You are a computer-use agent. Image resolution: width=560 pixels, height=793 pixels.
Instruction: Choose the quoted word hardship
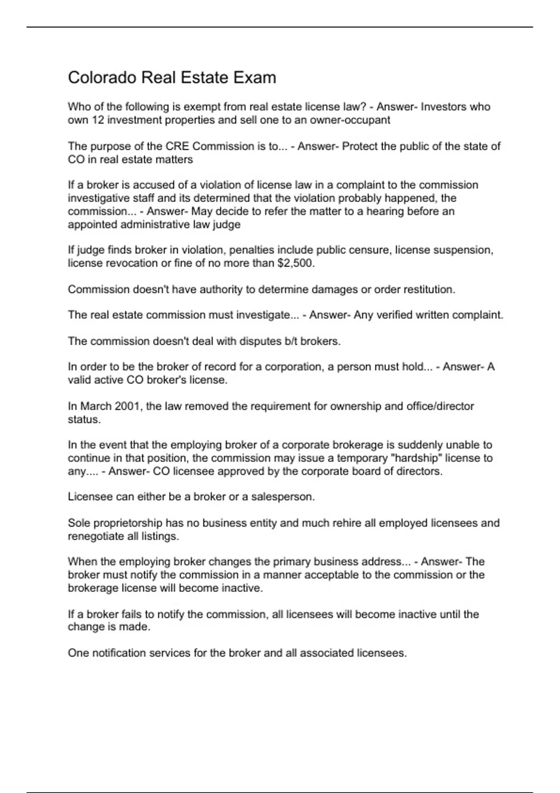(417, 458)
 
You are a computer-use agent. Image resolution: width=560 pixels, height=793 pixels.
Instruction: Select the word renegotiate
(96, 536)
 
